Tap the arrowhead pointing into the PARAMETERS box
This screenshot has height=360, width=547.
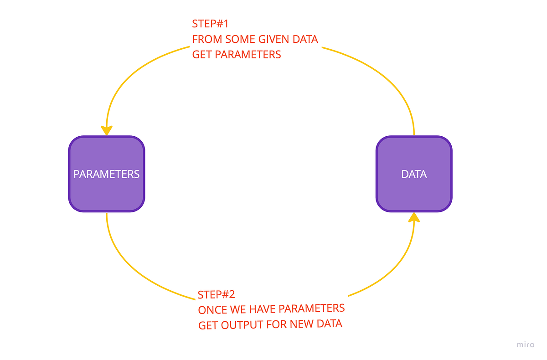pyautogui.click(x=106, y=130)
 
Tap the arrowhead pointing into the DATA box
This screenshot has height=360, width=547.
pyautogui.click(x=414, y=217)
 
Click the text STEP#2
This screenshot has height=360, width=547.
pyautogui.click(x=216, y=294)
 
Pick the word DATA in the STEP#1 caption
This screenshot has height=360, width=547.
pyautogui.click(x=305, y=39)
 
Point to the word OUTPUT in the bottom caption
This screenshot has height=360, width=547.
pyautogui.click(x=243, y=325)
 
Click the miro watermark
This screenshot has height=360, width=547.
pyautogui.click(x=526, y=345)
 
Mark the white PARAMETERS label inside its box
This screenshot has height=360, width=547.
pyautogui.click(x=106, y=174)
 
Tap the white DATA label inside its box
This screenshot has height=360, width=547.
pyautogui.click(x=414, y=174)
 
